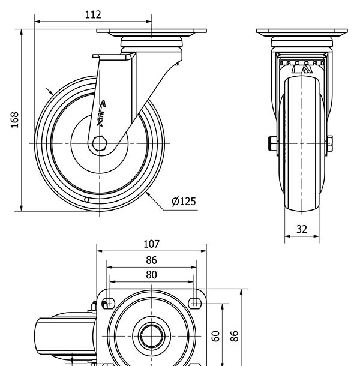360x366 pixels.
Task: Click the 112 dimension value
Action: [x=92, y=14]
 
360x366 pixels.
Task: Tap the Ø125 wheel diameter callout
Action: [x=184, y=201]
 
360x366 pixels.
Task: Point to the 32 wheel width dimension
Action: [x=302, y=229]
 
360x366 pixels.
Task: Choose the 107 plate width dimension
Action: [x=152, y=244]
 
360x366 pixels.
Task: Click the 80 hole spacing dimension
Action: [x=151, y=275]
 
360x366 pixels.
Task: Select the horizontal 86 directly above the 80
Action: [x=151, y=260]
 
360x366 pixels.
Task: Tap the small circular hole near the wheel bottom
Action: [x=86, y=199]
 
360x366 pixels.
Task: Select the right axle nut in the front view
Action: [x=329, y=143]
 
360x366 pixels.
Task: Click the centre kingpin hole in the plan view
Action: [x=152, y=337]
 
